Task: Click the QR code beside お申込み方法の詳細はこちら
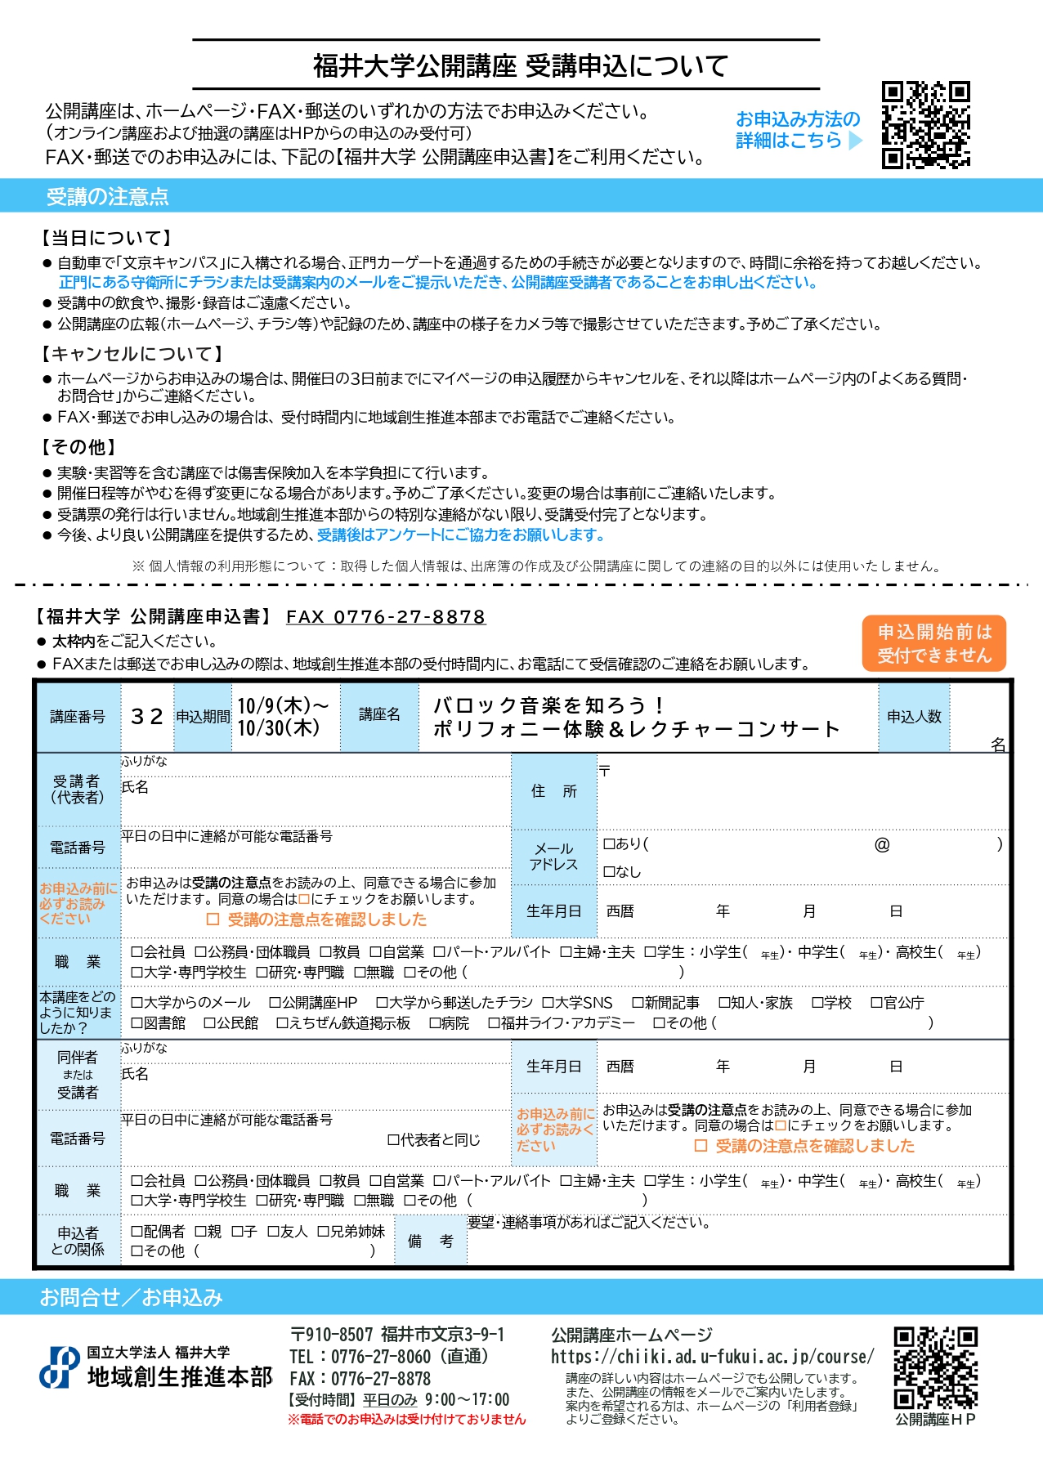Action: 926,125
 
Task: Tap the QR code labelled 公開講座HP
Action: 935,1367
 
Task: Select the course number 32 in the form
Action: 147,717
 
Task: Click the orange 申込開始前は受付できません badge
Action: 933,644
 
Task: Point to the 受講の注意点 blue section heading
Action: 107,196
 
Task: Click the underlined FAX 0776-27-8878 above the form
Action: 386,617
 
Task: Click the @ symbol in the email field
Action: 882,844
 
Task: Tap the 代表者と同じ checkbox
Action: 393,1139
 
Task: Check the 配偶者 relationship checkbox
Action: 137,1231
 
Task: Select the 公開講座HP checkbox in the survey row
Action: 275,1003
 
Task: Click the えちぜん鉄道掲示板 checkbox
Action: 282,1023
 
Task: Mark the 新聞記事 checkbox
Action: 638,1003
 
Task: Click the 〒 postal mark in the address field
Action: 604,770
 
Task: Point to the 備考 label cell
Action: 430,1241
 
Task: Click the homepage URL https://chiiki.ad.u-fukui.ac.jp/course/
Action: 712,1357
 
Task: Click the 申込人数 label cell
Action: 914,717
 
